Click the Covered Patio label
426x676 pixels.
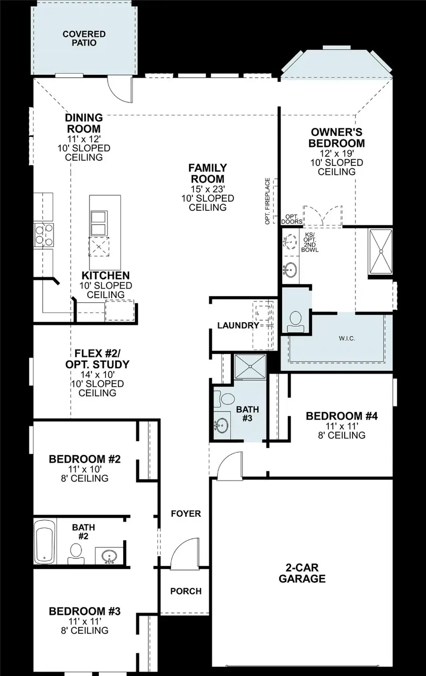coord(84,38)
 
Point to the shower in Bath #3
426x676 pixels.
coord(250,367)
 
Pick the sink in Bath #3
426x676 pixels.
coord(221,425)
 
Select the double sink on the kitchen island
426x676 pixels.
coord(98,223)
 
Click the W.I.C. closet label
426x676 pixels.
coord(346,338)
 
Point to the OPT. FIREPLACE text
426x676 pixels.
coord(268,201)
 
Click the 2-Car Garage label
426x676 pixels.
coord(302,573)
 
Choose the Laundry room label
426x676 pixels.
coord(238,325)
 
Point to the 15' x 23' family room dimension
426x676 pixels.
coord(207,189)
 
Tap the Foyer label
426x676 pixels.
coord(186,514)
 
